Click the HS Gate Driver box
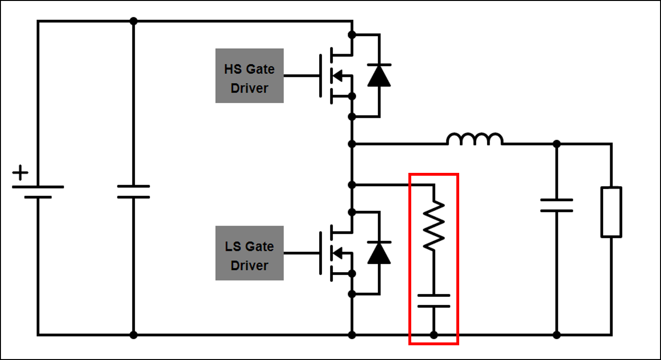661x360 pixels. click(249, 76)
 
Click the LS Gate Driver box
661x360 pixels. click(249, 253)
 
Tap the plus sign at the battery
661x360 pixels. click(20, 173)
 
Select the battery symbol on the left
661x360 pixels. click(38, 191)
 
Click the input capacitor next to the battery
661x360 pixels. click(133, 191)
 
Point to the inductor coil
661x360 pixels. click(474, 139)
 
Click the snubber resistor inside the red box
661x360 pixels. click(434, 225)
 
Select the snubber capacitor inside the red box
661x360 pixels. click(434, 301)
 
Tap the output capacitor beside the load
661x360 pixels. click(557, 205)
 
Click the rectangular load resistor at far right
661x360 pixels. click(611, 212)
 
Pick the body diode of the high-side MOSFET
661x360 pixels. click(379, 75)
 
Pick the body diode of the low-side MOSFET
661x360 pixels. click(379, 253)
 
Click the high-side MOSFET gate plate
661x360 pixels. click(321, 76)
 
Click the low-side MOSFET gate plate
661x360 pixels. click(321, 253)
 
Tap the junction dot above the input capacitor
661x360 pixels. click(133, 21)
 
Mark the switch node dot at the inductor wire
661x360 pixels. click(352, 143)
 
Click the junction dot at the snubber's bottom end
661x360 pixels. click(434, 335)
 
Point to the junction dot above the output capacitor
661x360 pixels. click(557, 143)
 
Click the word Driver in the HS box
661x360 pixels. click(249, 88)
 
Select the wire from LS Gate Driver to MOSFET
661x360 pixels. click(302, 253)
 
